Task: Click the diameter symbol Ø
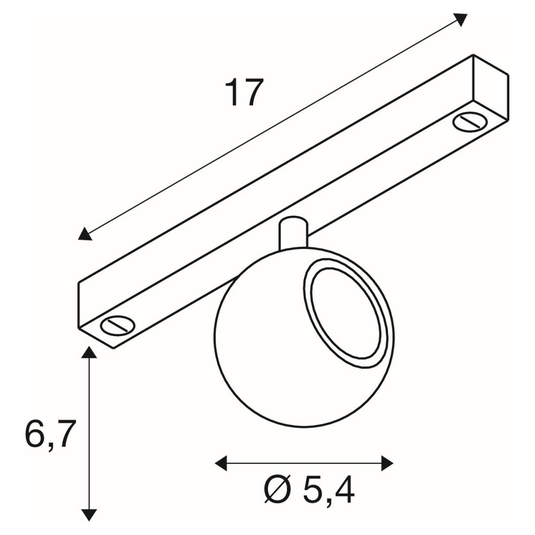pyautogui.click(x=278, y=491)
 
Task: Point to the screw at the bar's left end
pyautogui.click(x=118, y=324)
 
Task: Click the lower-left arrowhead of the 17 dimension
pyautogui.click(x=85, y=234)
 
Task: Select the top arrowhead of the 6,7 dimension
pyautogui.click(x=89, y=353)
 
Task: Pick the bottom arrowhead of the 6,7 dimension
pyautogui.click(x=89, y=514)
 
